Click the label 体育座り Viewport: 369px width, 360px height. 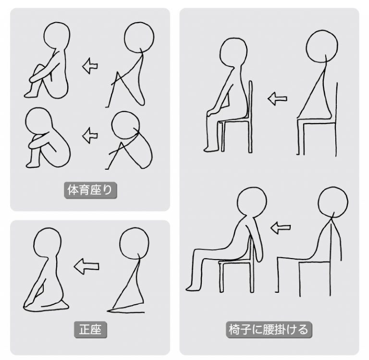pos(90,190)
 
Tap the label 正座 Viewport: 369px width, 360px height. pos(90,329)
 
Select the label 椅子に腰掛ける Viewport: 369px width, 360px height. pos(269,329)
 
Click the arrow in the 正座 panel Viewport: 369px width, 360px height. pos(86,266)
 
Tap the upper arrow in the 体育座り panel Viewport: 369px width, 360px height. pos(90,66)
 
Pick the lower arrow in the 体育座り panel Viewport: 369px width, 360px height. pos(90,136)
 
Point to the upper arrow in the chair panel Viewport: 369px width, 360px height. pos(277,99)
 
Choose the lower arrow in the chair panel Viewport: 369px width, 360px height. pos(280,227)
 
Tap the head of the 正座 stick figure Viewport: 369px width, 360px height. pos(134,243)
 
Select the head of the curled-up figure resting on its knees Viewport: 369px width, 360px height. pos(38,123)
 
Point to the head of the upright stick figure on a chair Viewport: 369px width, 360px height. pos(322,47)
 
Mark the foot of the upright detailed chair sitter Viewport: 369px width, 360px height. pos(211,149)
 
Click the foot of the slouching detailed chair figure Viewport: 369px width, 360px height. pos(194,287)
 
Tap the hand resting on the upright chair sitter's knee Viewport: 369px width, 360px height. pos(212,112)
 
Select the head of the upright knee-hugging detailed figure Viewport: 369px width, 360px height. pos(57,36)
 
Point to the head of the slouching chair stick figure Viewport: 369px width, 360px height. pos(333,202)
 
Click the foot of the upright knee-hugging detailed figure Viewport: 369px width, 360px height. pos(31,94)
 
